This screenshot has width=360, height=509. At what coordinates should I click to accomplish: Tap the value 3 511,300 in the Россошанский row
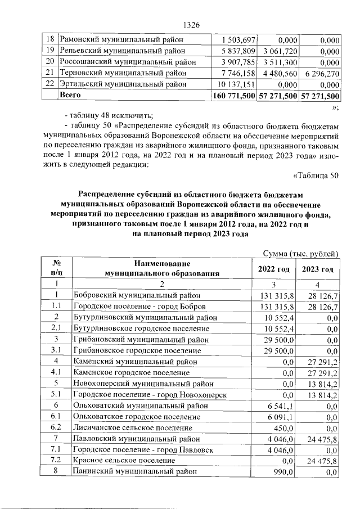point(279,62)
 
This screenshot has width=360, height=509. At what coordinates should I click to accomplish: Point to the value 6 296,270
point(321,73)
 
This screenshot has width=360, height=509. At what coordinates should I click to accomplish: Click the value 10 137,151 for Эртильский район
point(236,84)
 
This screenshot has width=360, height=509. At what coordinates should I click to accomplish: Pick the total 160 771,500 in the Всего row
point(233,96)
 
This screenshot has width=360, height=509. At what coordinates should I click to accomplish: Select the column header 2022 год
point(274,269)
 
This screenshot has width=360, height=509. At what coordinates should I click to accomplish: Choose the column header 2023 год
point(318,269)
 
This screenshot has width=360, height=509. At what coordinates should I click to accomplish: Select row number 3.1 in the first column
point(56,350)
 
